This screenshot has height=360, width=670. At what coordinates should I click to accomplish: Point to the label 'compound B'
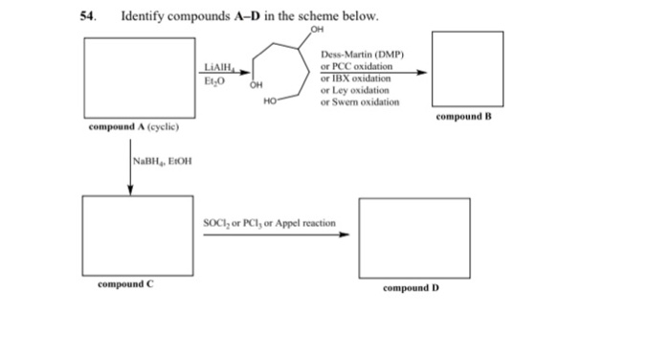[x=463, y=118]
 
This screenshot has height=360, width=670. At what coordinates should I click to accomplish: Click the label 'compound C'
[x=124, y=284]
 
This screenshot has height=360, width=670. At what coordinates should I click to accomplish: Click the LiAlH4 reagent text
[x=219, y=67]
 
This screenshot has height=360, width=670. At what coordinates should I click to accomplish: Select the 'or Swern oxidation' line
[x=360, y=101]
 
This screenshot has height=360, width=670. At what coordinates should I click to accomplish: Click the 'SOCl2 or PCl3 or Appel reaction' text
[x=269, y=222]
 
